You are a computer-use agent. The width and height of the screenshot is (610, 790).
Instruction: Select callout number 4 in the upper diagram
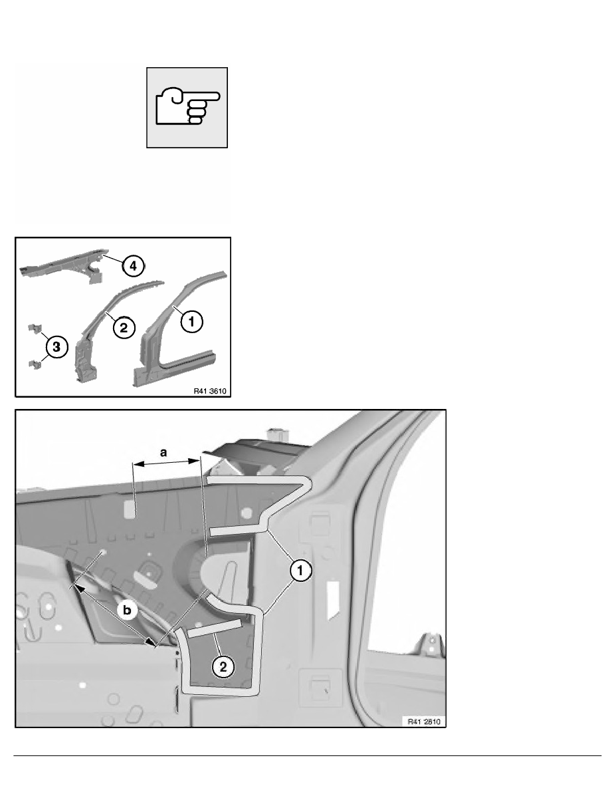(133, 265)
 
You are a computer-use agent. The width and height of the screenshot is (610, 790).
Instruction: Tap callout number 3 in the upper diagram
(56, 346)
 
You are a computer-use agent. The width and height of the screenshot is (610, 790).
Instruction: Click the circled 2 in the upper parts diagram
(124, 328)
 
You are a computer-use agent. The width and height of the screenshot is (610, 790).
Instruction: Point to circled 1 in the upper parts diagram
(191, 321)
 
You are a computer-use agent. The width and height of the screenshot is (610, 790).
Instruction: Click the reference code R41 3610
(210, 391)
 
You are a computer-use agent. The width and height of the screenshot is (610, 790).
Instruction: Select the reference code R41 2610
(425, 722)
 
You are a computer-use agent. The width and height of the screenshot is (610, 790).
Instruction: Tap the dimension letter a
(163, 452)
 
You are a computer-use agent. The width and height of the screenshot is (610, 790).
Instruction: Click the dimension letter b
(127, 610)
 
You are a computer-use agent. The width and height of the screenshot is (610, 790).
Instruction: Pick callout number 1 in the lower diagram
(300, 571)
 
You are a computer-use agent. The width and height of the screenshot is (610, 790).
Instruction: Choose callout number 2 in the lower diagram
(223, 667)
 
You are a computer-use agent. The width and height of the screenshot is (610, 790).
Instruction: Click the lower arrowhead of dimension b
(150, 640)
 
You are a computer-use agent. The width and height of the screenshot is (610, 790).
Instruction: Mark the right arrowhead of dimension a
(194, 460)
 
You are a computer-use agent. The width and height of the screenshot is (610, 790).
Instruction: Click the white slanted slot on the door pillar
(333, 600)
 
